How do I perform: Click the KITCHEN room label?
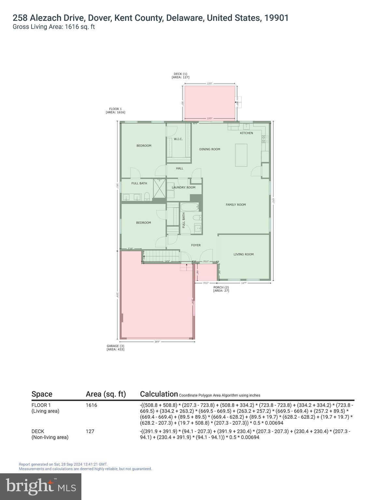click(246, 133)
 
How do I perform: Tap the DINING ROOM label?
click(210, 149)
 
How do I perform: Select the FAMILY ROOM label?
click(236, 205)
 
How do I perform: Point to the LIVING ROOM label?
click(243, 254)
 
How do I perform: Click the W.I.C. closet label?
click(178, 139)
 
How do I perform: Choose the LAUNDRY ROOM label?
click(184, 187)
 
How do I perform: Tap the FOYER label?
click(196, 245)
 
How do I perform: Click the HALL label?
click(180, 168)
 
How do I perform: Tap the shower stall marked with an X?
click(159, 188)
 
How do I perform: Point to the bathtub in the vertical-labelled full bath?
click(189, 207)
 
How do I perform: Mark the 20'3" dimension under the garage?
click(157, 342)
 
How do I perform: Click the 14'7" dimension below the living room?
click(243, 283)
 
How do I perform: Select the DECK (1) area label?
click(180, 76)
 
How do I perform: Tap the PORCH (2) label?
click(221, 289)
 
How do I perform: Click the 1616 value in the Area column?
click(91, 405)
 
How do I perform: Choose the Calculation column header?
click(159, 394)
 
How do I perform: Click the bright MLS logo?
click(41, 486)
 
